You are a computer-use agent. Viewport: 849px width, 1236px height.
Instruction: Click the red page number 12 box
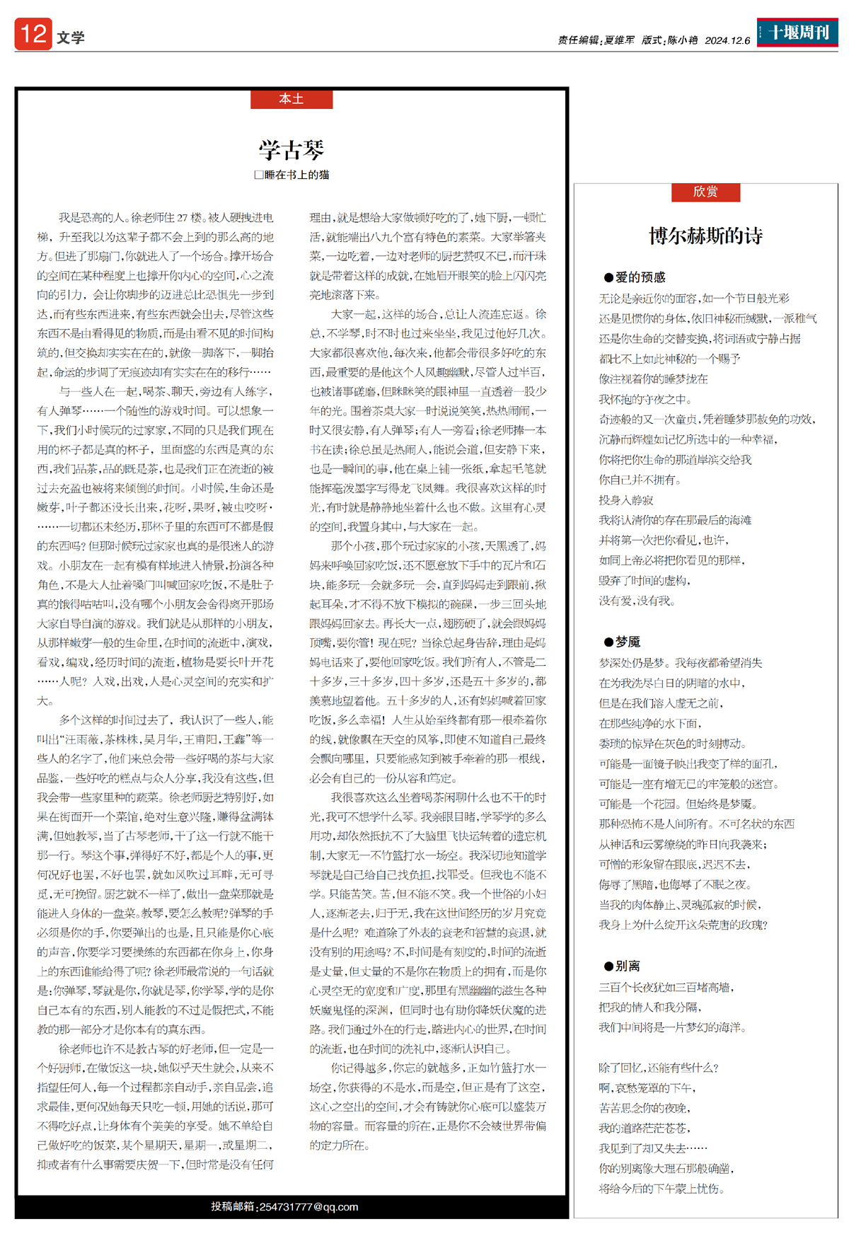tap(33, 34)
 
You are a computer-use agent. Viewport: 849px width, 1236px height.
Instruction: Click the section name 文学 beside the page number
tap(71, 37)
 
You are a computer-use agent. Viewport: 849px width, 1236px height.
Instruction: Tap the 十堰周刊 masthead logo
tap(797, 33)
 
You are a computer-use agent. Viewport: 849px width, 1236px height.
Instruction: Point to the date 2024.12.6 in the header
tap(727, 40)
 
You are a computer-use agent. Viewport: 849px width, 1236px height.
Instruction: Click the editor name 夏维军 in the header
tap(619, 40)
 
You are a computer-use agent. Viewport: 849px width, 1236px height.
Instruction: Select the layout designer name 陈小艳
tap(683, 40)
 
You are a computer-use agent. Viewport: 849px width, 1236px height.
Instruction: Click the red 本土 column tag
tap(291, 99)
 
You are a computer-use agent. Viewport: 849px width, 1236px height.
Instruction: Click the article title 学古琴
tap(291, 150)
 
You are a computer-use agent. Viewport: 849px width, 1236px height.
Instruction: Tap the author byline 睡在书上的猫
tap(296, 175)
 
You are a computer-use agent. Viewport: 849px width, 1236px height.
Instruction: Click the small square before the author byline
tap(259, 175)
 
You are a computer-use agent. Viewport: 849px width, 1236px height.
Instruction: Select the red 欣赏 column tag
tap(705, 192)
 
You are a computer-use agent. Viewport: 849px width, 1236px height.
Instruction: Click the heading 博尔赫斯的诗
tap(705, 236)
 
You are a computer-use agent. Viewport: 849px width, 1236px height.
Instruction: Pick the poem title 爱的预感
tap(640, 277)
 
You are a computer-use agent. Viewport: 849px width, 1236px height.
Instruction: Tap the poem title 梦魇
tap(628, 642)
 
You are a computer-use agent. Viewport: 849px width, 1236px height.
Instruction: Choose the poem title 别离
tap(628, 966)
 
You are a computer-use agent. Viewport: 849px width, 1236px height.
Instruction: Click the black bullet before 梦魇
tap(608, 642)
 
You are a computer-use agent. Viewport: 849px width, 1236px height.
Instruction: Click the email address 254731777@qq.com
tap(308, 1206)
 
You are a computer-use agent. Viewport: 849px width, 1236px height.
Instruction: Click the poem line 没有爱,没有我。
tap(637, 601)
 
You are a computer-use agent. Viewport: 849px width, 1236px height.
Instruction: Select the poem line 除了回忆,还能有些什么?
tap(659, 1068)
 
